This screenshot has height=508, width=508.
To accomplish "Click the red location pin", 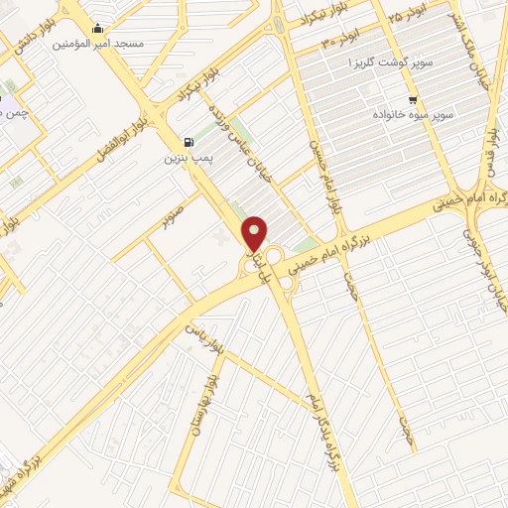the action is click(x=255, y=232).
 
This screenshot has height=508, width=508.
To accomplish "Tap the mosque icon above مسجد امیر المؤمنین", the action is click(x=96, y=29).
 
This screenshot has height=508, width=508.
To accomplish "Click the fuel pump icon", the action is click(x=189, y=142).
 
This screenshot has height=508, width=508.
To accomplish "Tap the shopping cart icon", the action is click(x=412, y=100).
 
